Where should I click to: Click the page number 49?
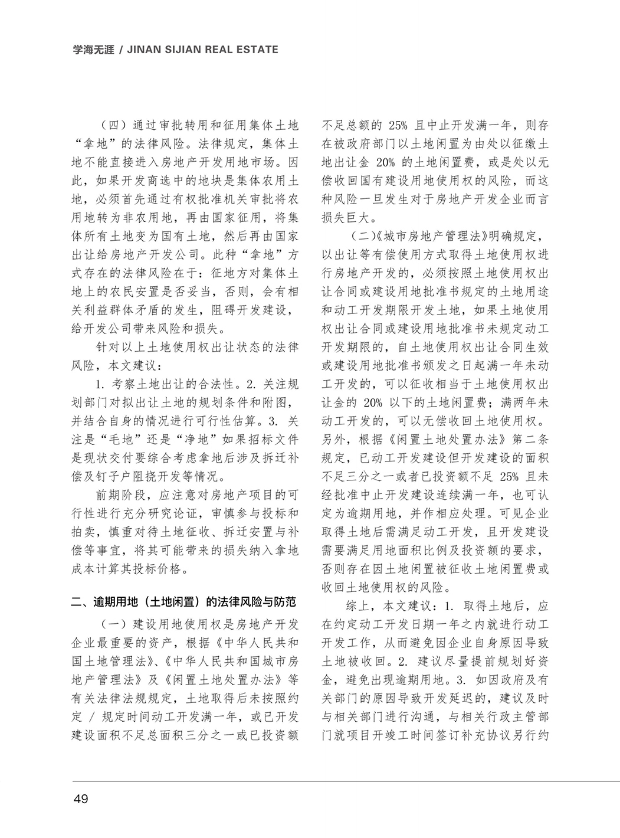[x=80, y=799]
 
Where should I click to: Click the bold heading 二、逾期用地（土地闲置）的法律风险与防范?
[x=183, y=603]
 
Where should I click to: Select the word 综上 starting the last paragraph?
[x=357, y=606]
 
